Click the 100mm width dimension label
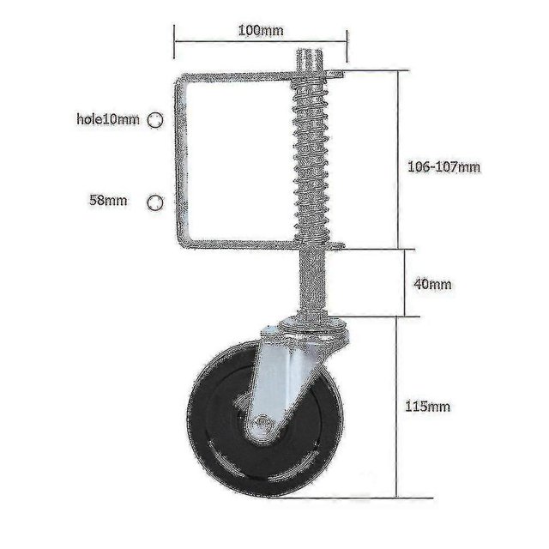tap(261, 31)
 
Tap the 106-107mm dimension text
tap(444, 166)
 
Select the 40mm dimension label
tap(432, 284)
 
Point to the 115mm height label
tap(427, 407)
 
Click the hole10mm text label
tap(108, 119)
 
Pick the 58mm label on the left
tap(108, 201)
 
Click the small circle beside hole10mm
tap(155, 120)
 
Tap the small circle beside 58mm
tap(155, 202)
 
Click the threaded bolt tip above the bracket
tap(310, 60)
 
